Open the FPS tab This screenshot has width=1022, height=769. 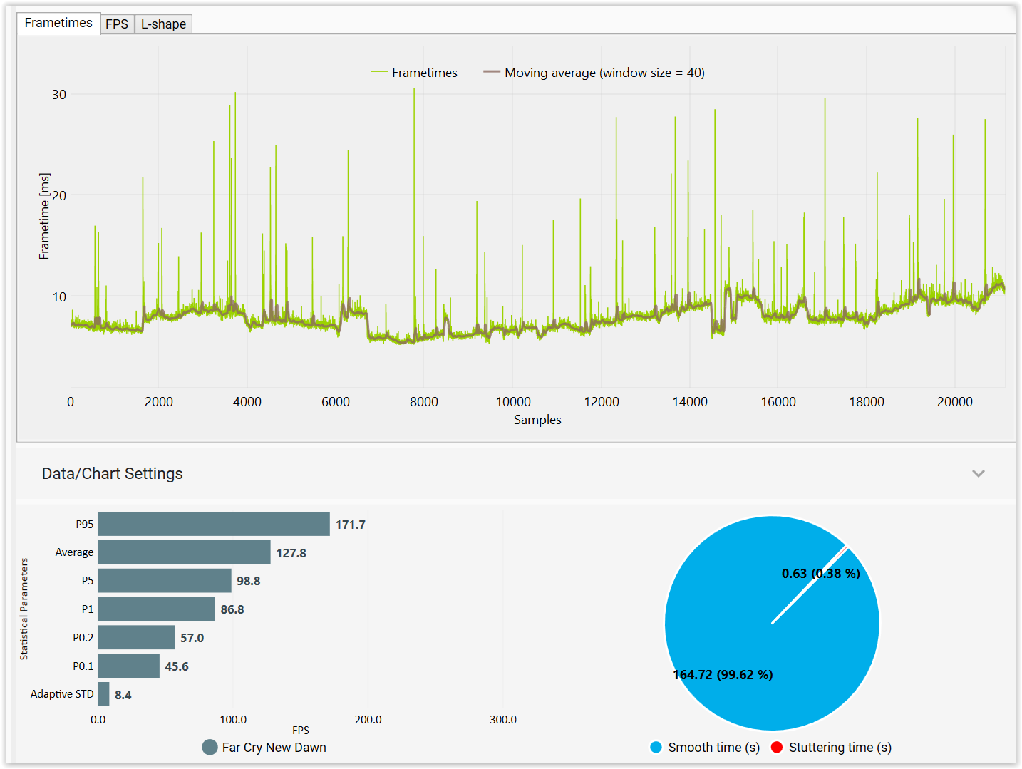tap(117, 24)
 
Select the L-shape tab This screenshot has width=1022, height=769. tap(163, 24)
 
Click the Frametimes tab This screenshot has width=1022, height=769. tap(58, 23)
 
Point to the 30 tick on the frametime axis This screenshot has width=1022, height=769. tap(59, 95)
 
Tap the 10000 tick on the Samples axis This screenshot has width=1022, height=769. tap(513, 402)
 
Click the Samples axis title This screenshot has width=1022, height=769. tap(537, 420)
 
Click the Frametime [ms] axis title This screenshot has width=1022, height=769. tap(45, 216)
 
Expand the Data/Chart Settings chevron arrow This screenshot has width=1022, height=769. tap(978, 474)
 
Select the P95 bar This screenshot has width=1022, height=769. tap(214, 524)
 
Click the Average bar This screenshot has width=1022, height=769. tap(184, 552)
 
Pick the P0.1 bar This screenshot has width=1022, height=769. tap(129, 666)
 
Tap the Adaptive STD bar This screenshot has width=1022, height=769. tap(104, 694)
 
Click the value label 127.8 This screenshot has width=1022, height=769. tap(291, 553)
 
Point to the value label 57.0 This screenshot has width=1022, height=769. tap(192, 638)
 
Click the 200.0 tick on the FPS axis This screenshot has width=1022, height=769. tap(368, 720)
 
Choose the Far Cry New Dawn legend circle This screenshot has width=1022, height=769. tap(210, 747)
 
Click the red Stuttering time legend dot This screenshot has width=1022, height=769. tap(777, 747)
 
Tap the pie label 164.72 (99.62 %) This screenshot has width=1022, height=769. tap(723, 675)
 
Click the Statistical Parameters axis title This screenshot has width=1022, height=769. tap(24, 609)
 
